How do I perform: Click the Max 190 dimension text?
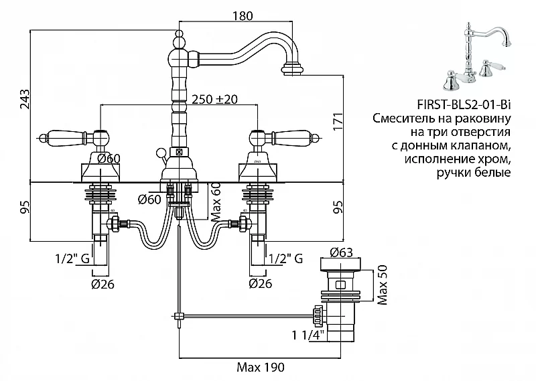point(260,367)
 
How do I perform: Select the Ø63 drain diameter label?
point(342,254)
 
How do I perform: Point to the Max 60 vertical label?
point(216,201)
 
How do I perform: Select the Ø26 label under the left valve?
point(103,283)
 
